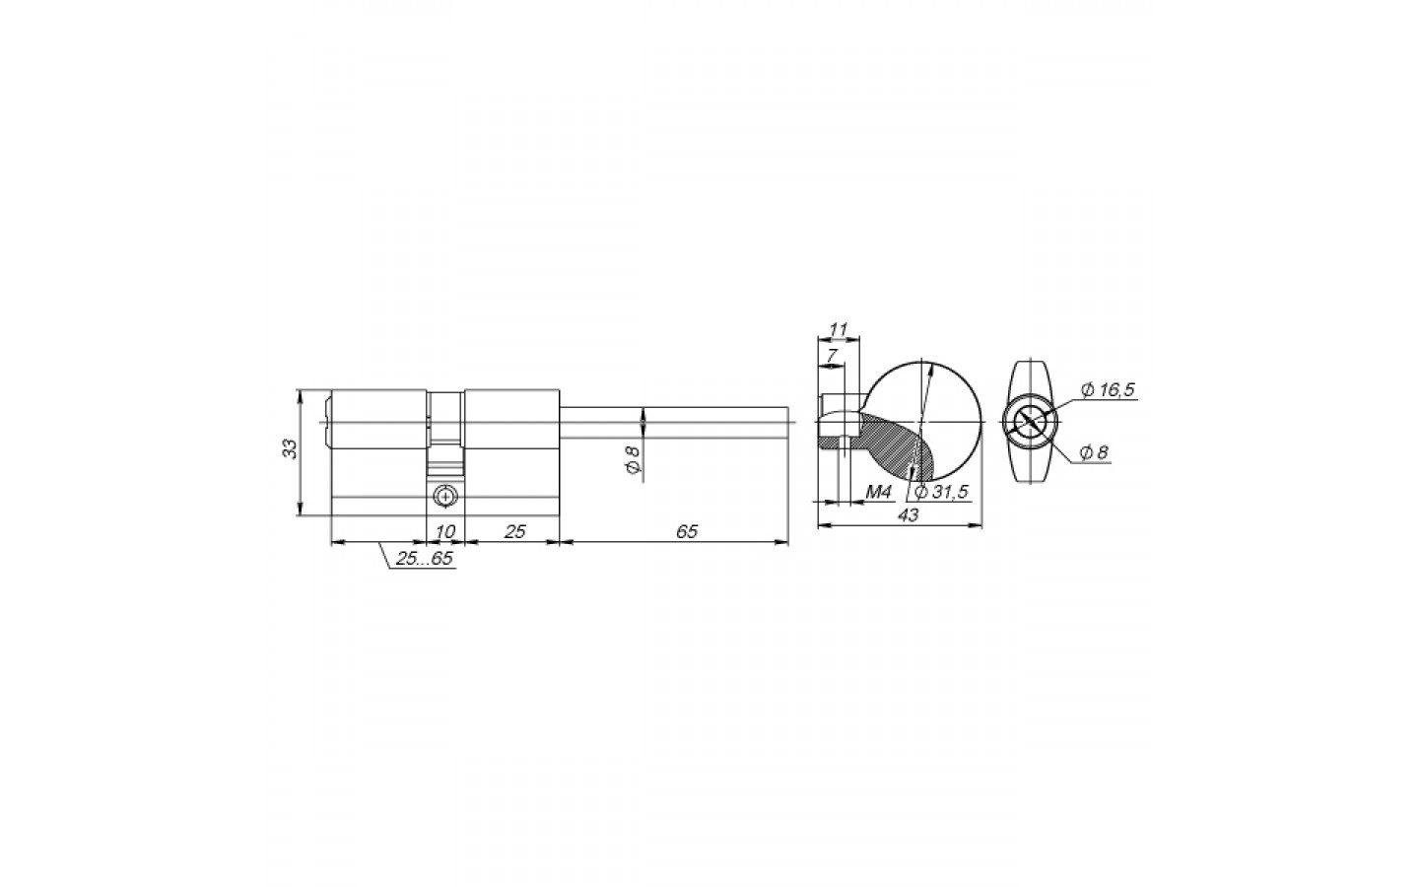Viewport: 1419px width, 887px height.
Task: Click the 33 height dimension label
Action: pos(290,448)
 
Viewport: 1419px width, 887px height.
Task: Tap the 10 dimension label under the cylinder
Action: pos(445,531)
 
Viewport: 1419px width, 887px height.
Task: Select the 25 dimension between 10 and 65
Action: pos(515,531)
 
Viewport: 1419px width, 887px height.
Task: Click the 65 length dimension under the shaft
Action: pos(687,531)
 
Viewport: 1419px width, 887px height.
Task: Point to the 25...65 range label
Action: pos(424,558)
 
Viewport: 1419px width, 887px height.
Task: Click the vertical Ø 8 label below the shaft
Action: pos(633,459)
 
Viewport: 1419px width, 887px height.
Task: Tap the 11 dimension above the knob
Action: pos(838,330)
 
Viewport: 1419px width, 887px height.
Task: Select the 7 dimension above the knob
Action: pos(832,355)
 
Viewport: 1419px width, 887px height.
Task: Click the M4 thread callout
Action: pos(878,492)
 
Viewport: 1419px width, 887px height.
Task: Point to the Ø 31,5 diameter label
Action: pos(942,492)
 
